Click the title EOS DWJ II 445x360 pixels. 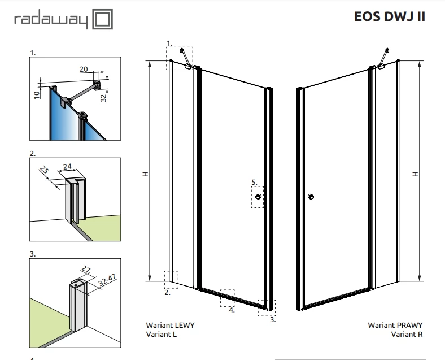[389, 16]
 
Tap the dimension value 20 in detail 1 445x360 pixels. [84, 69]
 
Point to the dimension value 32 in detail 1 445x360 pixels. [103, 97]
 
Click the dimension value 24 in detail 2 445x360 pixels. [67, 166]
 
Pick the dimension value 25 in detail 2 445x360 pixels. [44, 170]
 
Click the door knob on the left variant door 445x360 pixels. [259, 197]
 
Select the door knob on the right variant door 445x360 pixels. [310, 197]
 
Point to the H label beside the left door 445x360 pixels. [145, 175]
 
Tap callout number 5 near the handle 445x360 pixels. [254, 182]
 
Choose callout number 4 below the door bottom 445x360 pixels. [231, 310]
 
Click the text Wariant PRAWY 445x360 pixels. [395, 326]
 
